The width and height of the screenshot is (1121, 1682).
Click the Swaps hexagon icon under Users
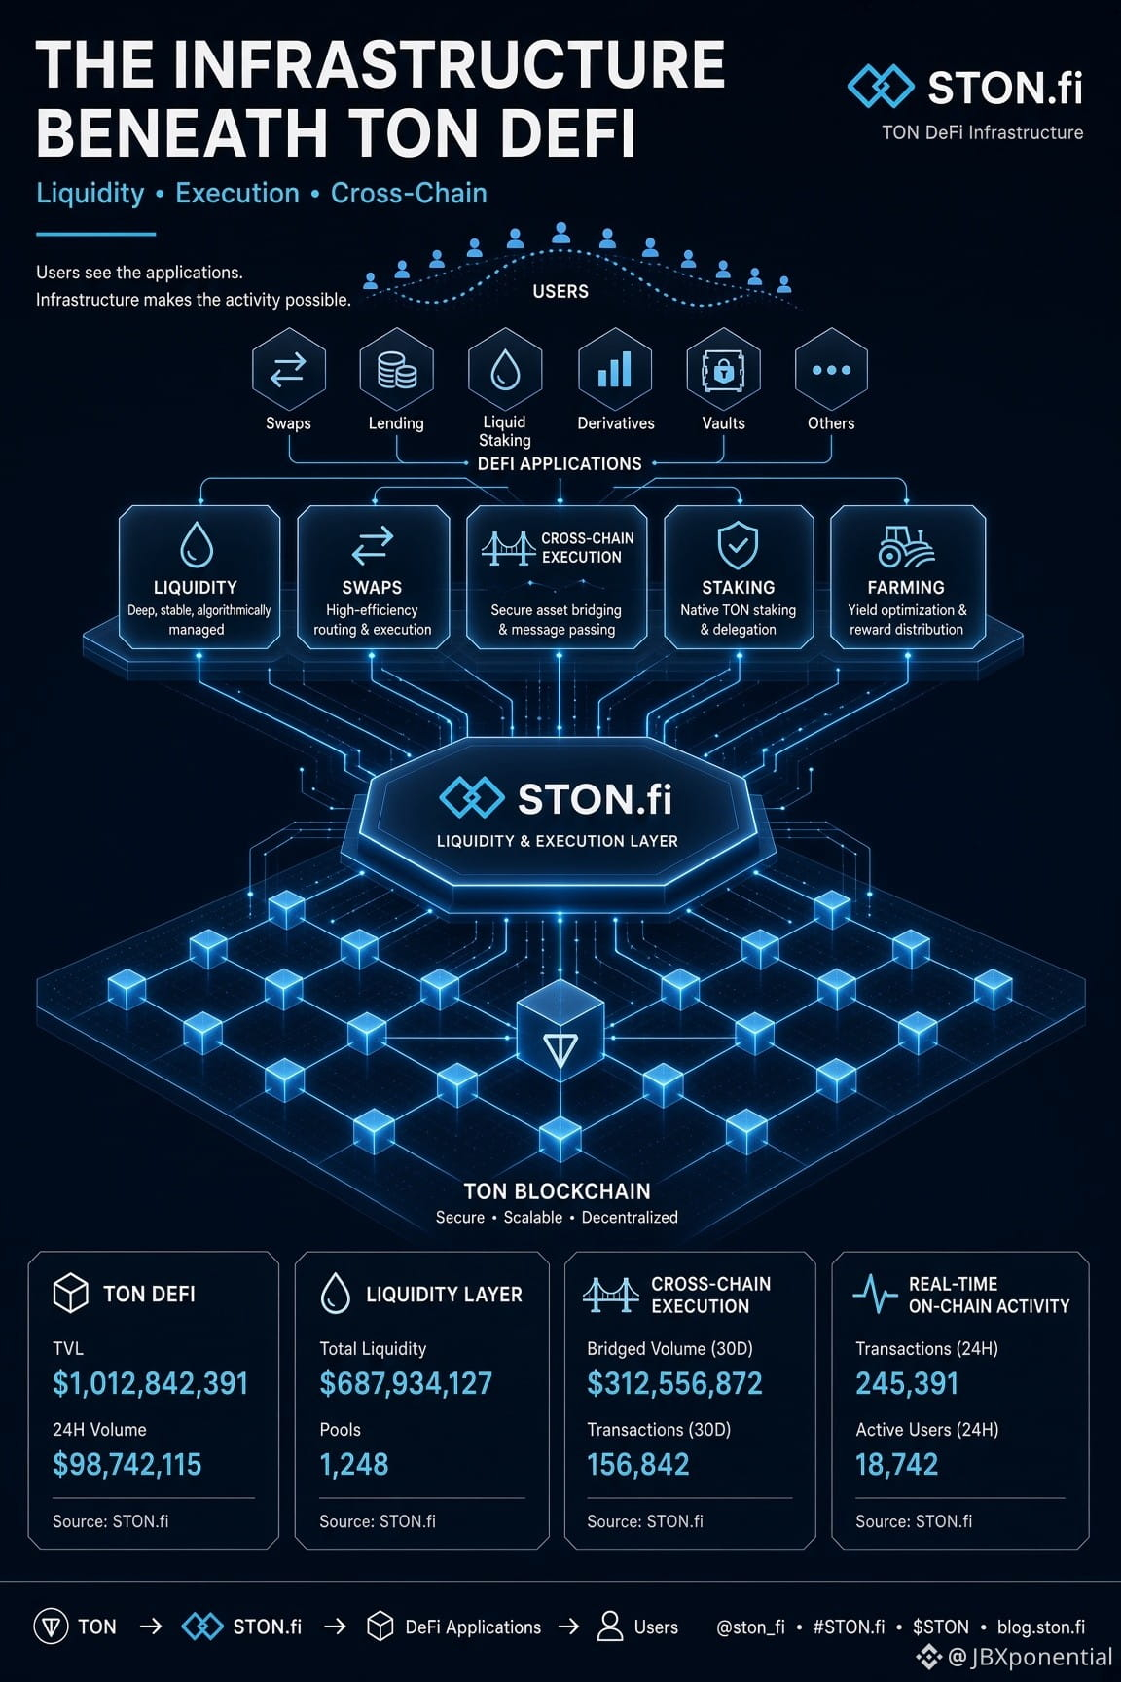click(288, 369)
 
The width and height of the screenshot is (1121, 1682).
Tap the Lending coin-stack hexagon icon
click(396, 369)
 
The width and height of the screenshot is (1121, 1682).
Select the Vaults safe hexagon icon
click(723, 369)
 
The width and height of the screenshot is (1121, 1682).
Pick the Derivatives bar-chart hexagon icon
click(615, 369)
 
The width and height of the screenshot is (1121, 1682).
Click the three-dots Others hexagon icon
click(831, 369)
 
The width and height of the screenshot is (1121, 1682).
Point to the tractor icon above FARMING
click(905, 547)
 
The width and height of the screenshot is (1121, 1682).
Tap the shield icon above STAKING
click(738, 545)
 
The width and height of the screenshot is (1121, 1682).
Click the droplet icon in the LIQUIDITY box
click(197, 544)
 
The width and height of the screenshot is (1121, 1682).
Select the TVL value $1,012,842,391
click(151, 1383)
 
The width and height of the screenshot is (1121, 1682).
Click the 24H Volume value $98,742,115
click(127, 1464)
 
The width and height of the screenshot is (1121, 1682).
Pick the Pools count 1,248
click(354, 1464)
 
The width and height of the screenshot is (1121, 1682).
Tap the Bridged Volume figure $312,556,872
click(674, 1383)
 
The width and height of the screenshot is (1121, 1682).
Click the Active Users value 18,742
click(896, 1464)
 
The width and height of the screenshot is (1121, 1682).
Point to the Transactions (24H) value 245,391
click(907, 1383)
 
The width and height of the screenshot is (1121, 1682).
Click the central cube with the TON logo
click(560, 1038)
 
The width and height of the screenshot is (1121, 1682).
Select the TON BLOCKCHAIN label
click(557, 1191)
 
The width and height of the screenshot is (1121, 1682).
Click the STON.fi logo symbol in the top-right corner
click(881, 87)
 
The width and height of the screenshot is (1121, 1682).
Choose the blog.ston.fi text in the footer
click(1041, 1627)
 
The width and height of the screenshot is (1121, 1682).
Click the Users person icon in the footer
click(610, 1626)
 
